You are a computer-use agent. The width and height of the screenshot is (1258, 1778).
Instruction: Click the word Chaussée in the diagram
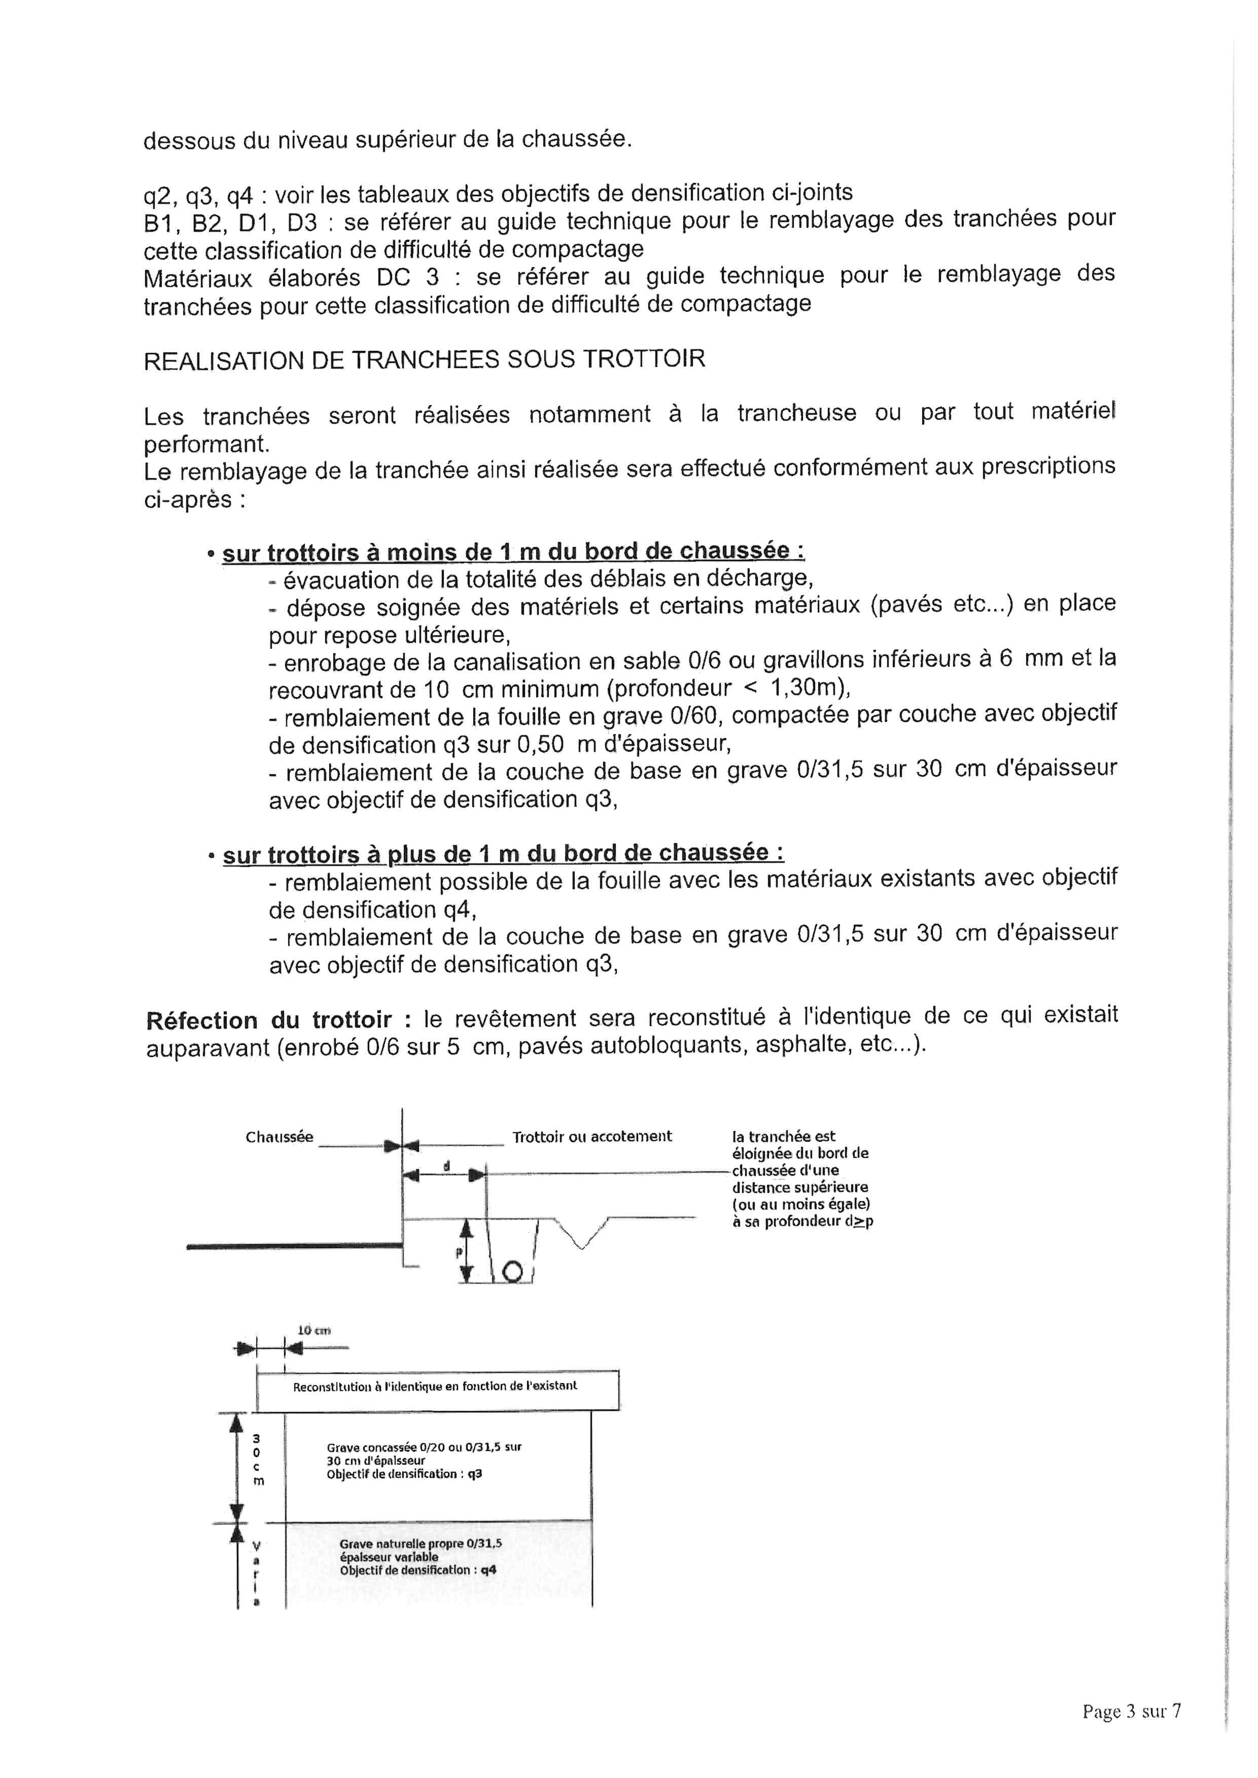click(279, 1137)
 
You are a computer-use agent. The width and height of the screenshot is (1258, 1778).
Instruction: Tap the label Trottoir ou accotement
click(592, 1136)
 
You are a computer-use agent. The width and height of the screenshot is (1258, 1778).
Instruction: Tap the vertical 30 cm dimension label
click(257, 1460)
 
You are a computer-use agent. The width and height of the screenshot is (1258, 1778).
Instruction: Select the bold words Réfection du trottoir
click(268, 1020)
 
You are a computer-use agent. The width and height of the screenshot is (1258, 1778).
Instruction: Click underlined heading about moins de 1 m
click(513, 552)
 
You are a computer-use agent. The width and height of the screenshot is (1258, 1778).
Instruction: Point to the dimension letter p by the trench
click(458, 1251)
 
